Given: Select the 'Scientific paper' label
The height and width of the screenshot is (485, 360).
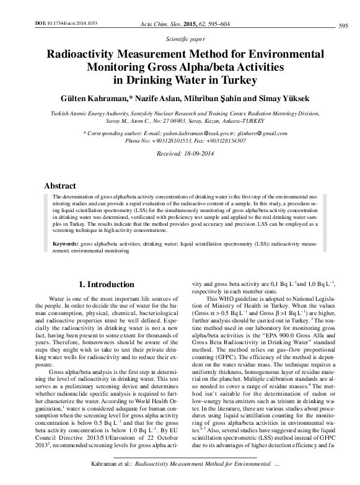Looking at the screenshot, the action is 180,38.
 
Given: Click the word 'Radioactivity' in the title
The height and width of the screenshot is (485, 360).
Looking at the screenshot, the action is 90,54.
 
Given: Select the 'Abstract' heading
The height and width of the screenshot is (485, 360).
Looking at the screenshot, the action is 60,186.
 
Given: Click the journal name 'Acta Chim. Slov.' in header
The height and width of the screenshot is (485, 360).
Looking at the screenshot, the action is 162,22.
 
